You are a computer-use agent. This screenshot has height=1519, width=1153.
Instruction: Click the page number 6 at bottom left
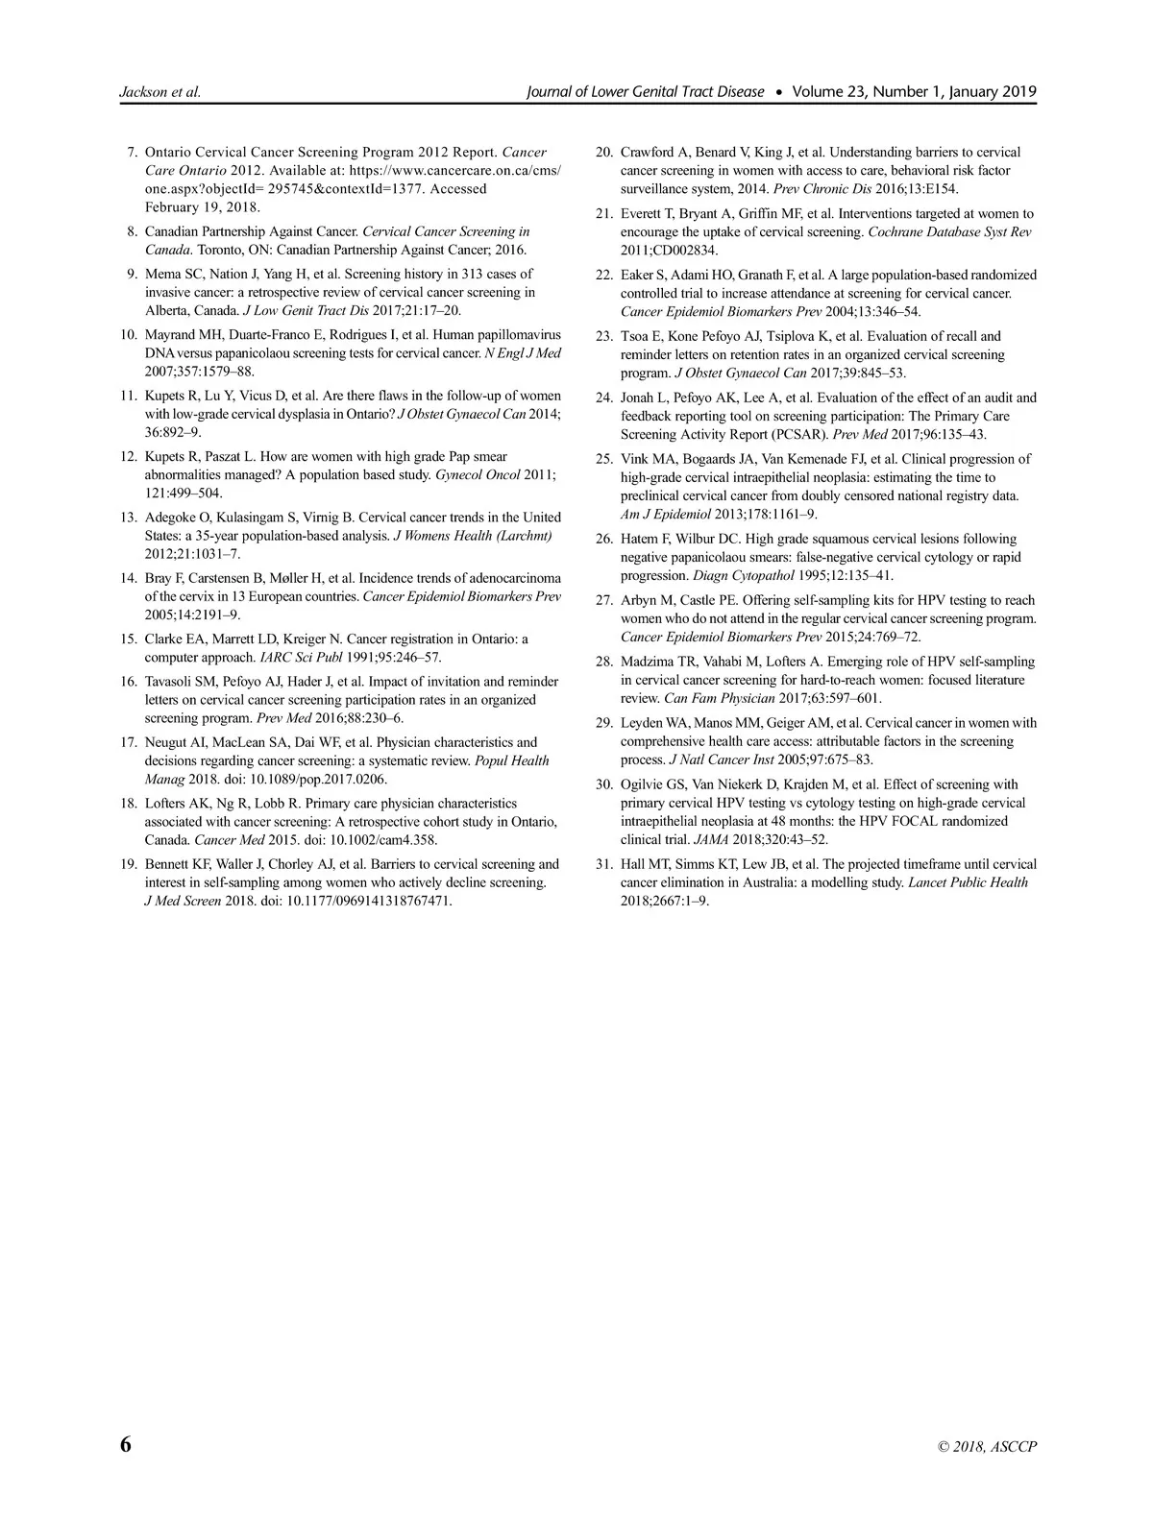click(125, 1445)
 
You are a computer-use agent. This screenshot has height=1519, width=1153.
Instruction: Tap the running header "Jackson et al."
click(159, 92)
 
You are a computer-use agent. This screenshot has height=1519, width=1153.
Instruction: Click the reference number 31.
click(603, 864)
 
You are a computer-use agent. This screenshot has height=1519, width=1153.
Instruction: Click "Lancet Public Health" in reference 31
click(968, 882)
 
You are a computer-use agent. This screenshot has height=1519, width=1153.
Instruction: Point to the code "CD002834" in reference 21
click(683, 251)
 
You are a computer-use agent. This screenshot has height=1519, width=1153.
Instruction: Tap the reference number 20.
click(603, 153)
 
